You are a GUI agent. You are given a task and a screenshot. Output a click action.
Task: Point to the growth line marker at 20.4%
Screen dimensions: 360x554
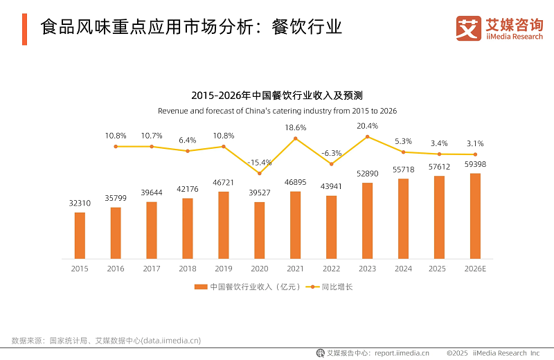367,137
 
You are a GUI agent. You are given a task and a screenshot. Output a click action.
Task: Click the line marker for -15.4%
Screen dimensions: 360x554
260,173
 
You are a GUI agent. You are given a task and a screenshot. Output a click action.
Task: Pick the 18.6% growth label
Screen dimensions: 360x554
296,127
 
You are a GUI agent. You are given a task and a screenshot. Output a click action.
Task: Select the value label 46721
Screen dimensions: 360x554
224,182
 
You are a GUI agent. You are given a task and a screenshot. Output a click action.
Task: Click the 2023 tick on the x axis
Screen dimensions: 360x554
367,268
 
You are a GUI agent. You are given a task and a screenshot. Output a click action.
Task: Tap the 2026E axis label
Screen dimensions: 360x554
475,268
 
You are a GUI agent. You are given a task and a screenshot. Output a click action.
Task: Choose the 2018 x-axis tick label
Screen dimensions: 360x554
188,268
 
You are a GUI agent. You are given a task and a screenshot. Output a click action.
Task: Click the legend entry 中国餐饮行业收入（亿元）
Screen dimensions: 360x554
247,287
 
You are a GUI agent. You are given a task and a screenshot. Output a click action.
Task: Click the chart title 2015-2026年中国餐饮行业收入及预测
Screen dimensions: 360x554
277,96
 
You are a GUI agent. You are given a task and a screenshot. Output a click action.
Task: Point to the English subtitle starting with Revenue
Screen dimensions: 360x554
277,111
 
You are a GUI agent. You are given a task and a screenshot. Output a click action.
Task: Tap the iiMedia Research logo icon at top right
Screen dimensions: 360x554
469,28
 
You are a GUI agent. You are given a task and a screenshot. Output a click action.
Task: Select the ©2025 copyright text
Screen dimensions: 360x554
458,352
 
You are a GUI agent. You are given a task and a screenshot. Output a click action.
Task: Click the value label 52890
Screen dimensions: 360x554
367,173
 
